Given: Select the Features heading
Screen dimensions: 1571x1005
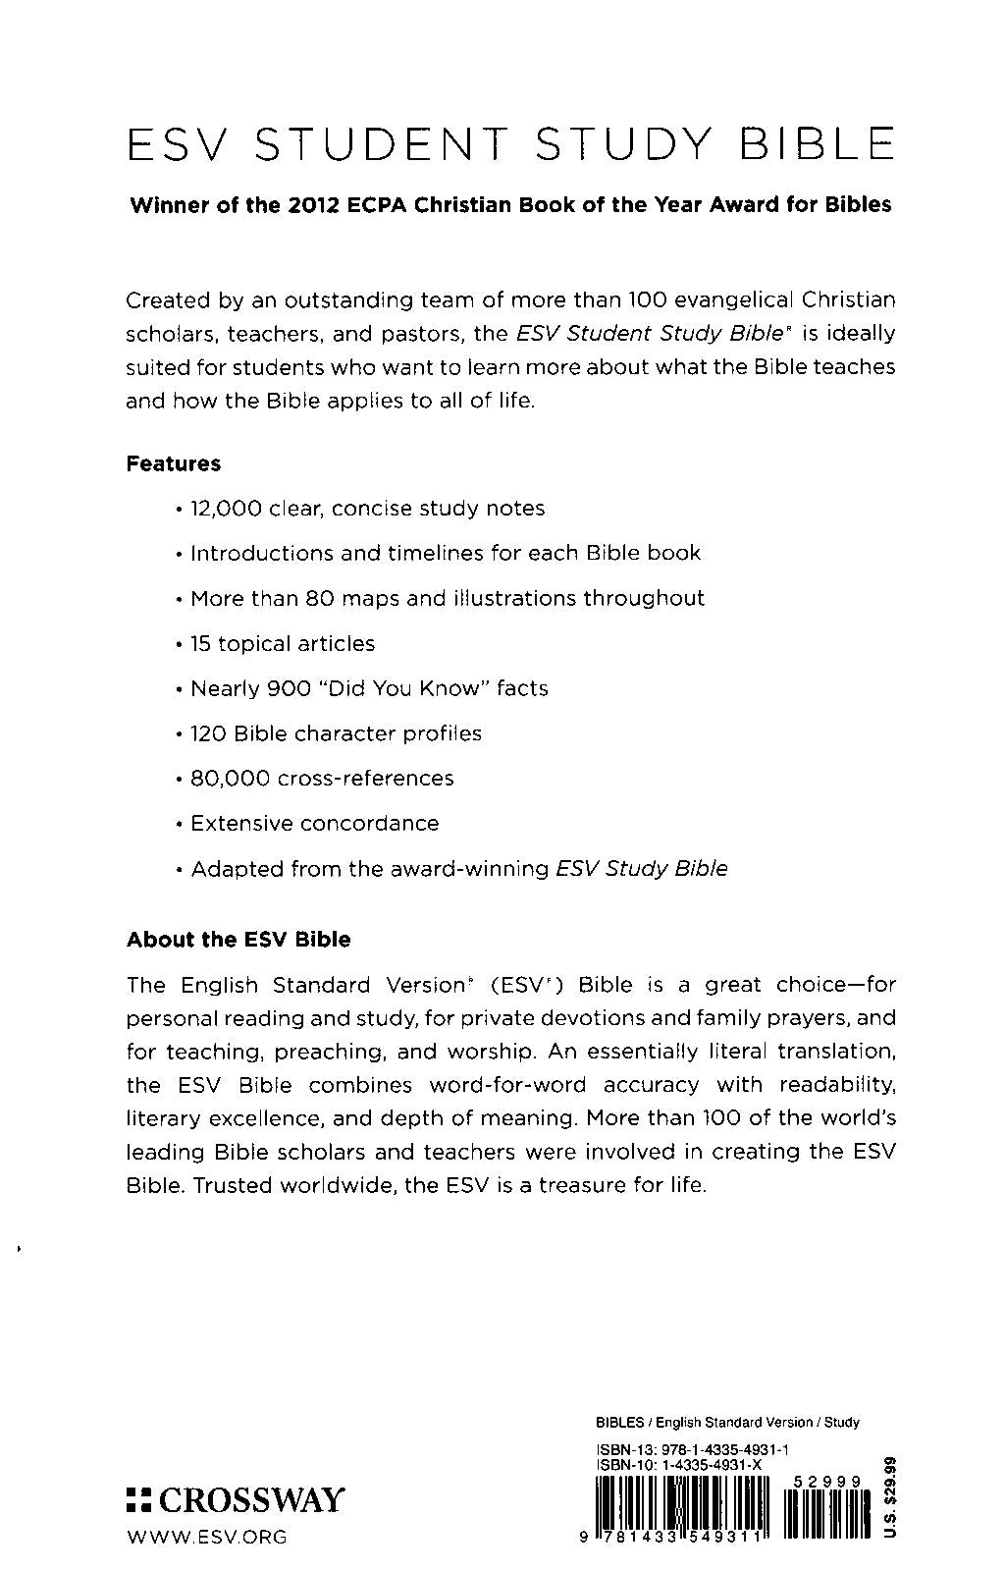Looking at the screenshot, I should (174, 463).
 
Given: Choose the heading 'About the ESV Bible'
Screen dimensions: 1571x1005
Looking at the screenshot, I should (238, 940).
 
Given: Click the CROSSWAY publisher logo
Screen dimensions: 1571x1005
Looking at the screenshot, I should (237, 1499).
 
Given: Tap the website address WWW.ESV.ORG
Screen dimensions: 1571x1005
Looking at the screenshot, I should (207, 1537).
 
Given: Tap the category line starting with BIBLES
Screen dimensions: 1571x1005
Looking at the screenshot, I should (727, 1422).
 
